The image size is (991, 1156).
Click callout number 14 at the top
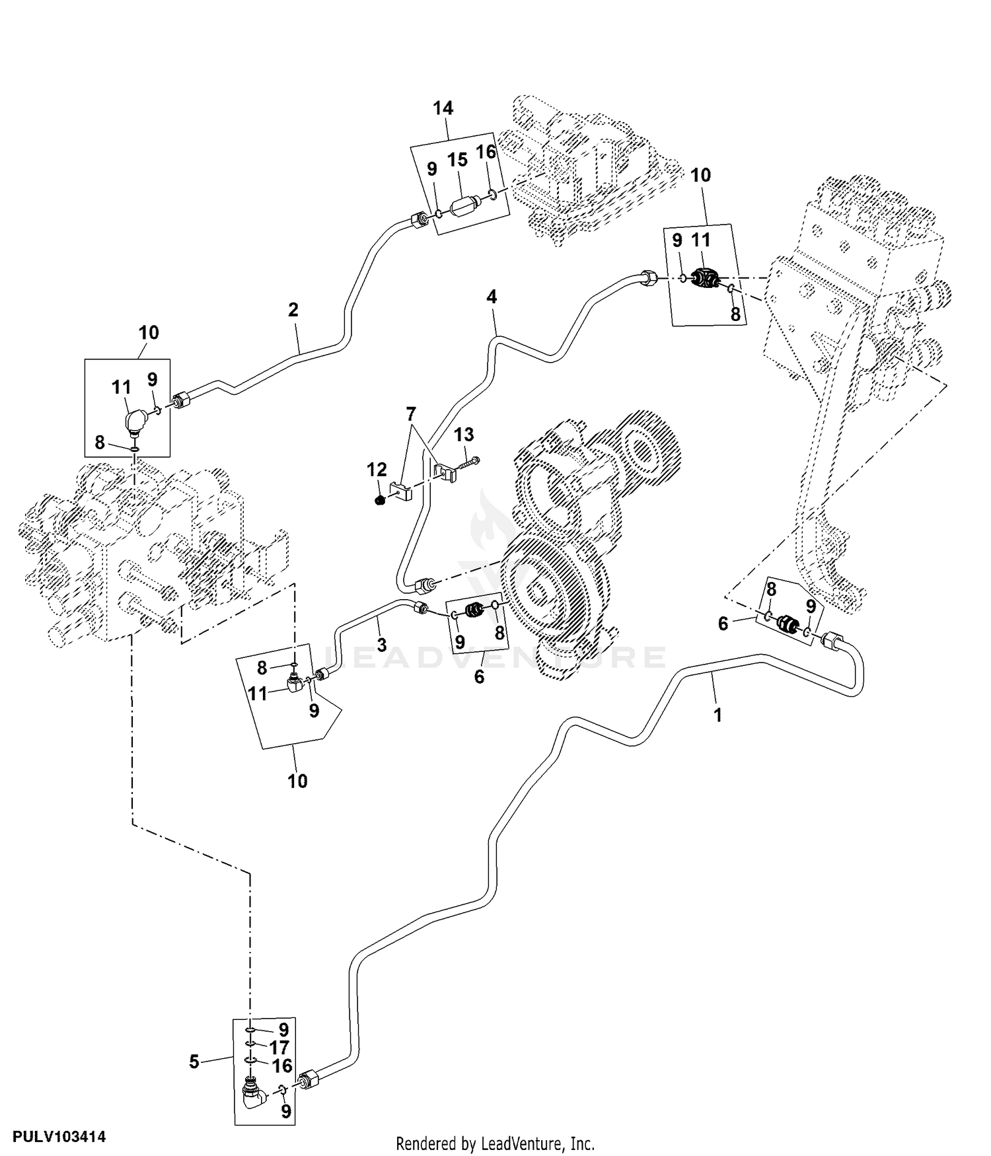pyautogui.click(x=443, y=108)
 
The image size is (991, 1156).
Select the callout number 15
pyautogui.click(x=457, y=161)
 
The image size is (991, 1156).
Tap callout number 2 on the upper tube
pyautogui.click(x=293, y=309)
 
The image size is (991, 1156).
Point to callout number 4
pyautogui.click(x=492, y=297)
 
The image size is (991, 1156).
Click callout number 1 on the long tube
pyautogui.click(x=718, y=714)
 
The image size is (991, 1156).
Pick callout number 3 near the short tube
pyautogui.click(x=382, y=645)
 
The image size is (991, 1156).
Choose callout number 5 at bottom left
pyautogui.click(x=194, y=1062)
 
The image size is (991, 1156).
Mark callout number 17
pyautogui.click(x=279, y=1047)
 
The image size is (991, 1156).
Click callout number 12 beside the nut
pyautogui.click(x=377, y=470)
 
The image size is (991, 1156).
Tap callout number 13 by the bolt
pyautogui.click(x=464, y=435)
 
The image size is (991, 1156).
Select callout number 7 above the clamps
pyautogui.click(x=411, y=415)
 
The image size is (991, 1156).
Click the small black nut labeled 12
pyautogui.click(x=379, y=501)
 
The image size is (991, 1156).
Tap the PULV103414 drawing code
pyautogui.click(x=54, y=1138)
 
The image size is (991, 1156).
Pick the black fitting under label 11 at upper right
pyautogui.click(x=704, y=280)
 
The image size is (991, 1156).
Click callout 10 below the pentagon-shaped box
pyautogui.click(x=297, y=781)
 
